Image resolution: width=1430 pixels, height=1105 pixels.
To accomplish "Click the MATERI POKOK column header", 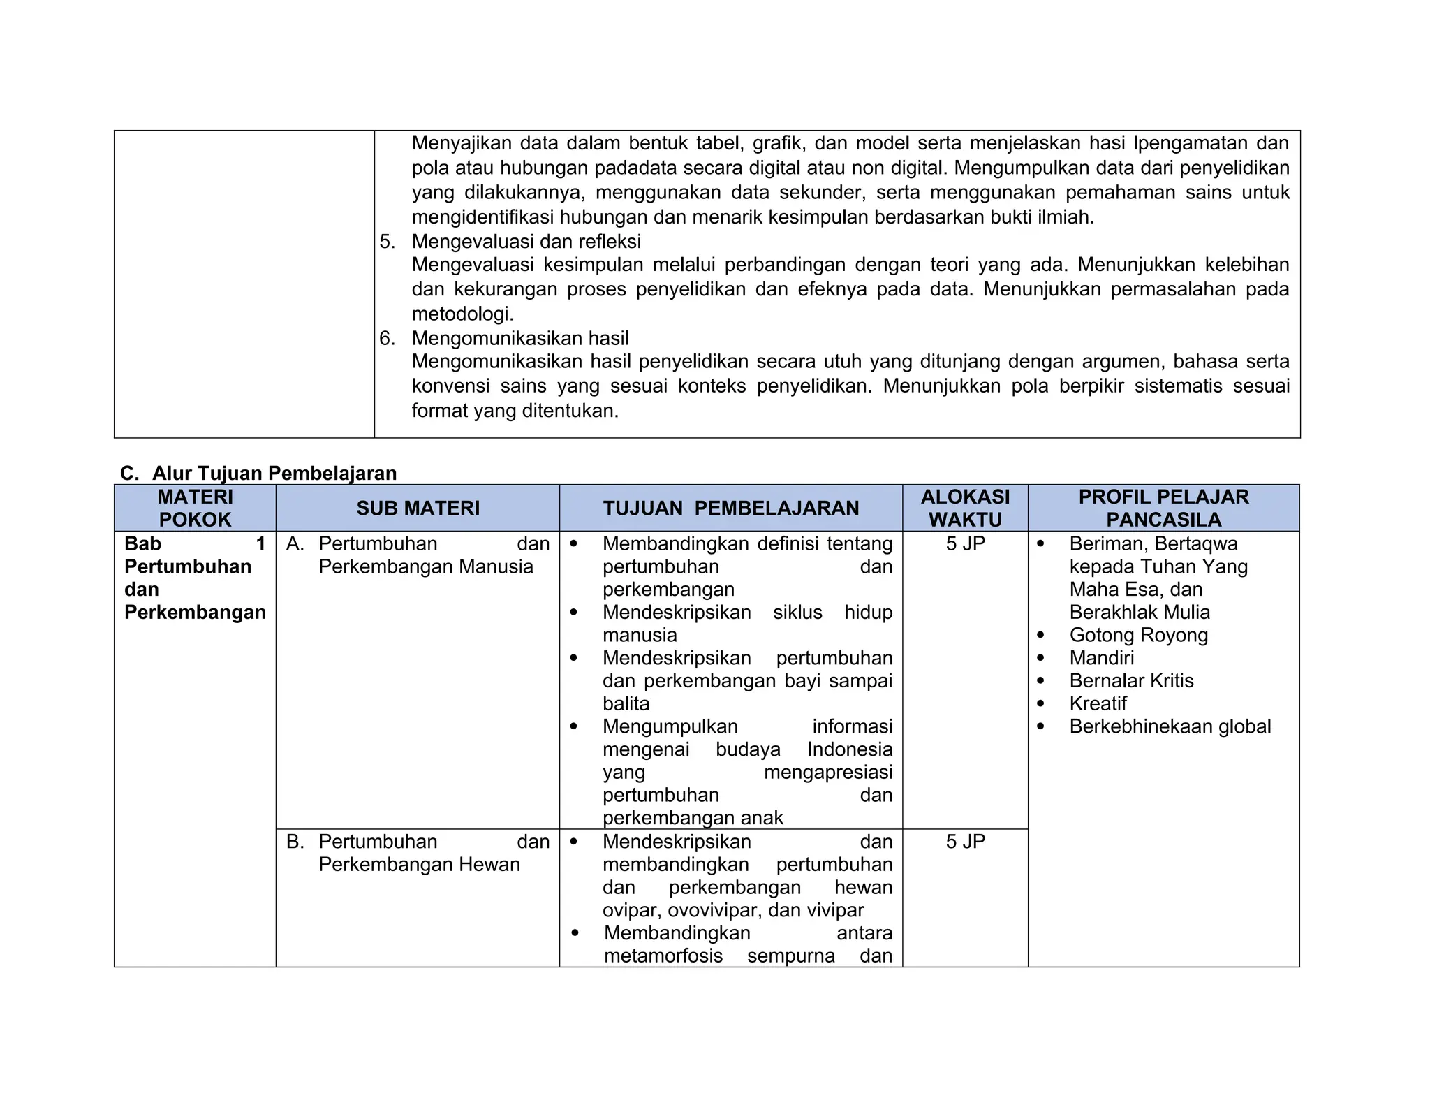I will [x=195, y=508].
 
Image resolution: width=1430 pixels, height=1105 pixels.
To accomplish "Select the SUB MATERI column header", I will [x=418, y=508].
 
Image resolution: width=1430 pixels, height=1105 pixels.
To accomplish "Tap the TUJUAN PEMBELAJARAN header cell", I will [x=730, y=508].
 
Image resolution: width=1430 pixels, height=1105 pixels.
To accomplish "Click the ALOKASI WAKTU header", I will [x=965, y=508].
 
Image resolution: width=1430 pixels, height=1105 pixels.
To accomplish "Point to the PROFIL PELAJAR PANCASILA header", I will [x=1163, y=508].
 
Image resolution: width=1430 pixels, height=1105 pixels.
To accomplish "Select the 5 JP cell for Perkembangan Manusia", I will [x=965, y=543].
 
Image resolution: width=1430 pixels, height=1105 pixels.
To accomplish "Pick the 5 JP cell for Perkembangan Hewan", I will [x=965, y=842].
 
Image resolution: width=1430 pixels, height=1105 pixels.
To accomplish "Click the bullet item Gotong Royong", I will [x=1138, y=635].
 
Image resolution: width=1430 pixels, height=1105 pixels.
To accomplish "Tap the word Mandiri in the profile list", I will [x=1101, y=658].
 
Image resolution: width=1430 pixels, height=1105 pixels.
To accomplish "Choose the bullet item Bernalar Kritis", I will [x=1131, y=680].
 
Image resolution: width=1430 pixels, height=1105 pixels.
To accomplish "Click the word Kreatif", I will [x=1098, y=703].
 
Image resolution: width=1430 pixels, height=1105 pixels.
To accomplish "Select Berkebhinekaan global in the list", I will [x=1170, y=726].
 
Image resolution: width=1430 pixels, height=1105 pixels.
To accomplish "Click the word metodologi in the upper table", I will [x=462, y=314].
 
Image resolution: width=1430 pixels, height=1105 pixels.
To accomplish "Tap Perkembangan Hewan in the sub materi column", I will [x=419, y=865].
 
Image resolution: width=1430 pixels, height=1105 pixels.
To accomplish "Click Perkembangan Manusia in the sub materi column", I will [x=425, y=566].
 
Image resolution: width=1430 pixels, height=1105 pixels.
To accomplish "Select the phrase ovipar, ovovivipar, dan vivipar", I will [x=732, y=910].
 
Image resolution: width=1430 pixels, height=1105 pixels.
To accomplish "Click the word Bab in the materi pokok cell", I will [x=142, y=543].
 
